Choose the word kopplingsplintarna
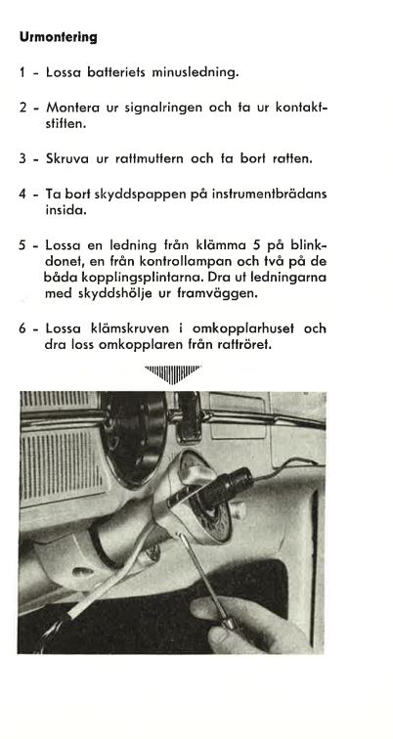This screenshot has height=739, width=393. pos(137,277)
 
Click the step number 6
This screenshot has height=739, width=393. pos(22,328)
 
